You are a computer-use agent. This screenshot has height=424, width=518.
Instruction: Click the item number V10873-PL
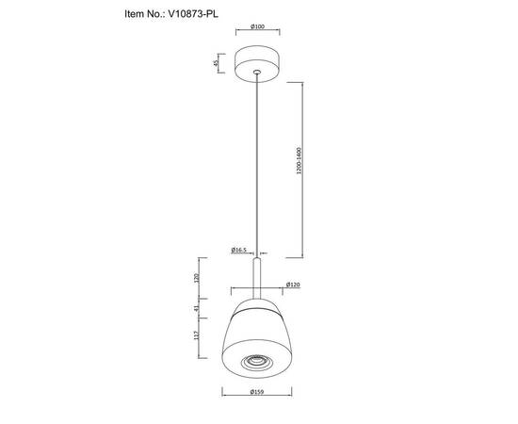(x=202, y=15)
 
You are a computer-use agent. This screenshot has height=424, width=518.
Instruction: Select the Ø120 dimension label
(x=293, y=285)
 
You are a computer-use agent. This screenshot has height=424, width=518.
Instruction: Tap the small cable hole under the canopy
(x=258, y=73)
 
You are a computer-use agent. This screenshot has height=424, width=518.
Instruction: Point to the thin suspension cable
(x=258, y=160)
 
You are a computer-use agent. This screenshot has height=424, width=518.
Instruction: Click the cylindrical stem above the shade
(x=258, y=278)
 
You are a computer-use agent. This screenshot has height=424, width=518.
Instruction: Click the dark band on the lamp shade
(x=258, y=308)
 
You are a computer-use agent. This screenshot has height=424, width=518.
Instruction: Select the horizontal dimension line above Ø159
(x=257, y=385)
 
